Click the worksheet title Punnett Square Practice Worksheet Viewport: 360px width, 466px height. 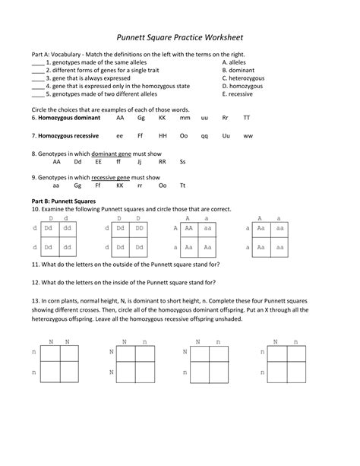tap(179, 36)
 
